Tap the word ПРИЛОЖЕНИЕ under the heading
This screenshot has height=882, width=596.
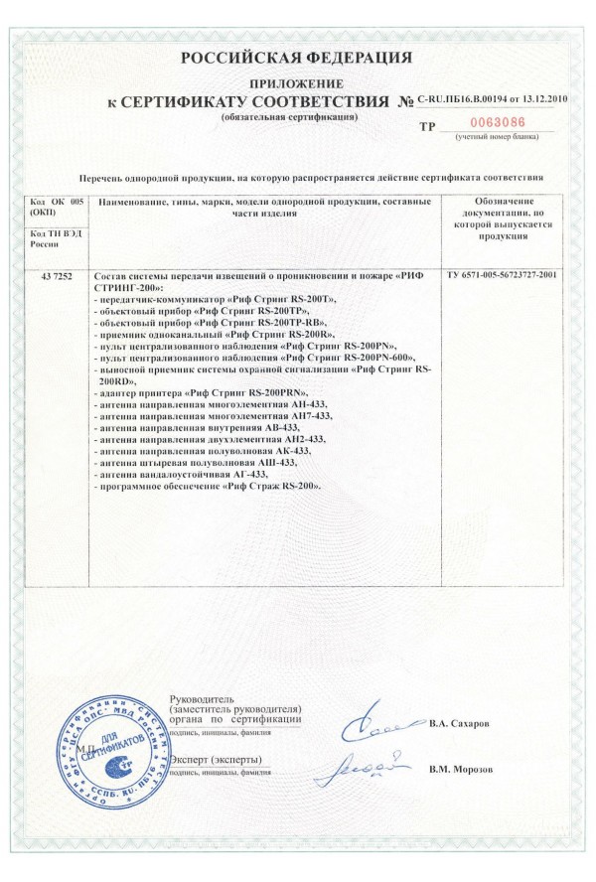click(297, 83)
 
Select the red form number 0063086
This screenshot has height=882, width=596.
click(487, 125)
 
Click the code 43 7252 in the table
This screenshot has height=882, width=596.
click(53, 273)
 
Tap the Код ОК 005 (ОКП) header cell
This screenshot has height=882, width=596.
click(53, 207)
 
